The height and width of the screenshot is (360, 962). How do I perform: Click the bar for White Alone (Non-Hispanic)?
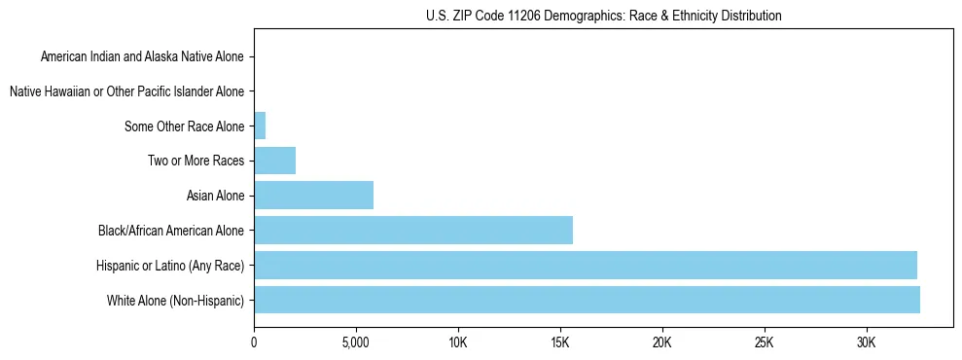[x=587, y=300]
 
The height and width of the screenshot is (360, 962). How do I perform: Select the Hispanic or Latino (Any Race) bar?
[x=585, y=265]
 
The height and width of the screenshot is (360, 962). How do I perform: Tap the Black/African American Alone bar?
[x=413, y=230]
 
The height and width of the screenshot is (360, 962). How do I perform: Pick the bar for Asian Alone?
[x=313, y=196]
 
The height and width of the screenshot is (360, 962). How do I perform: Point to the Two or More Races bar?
[x=274, y=161]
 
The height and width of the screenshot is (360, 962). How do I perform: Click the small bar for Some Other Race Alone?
[x=260, y=126]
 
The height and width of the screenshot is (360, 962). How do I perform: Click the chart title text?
[x=603, y=16]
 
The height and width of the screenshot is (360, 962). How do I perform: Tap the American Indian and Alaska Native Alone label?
[x=142, y=56]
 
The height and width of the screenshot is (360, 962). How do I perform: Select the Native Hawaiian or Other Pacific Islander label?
[x=126, y=91]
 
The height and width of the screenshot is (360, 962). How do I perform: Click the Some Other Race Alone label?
[x=185, y=126]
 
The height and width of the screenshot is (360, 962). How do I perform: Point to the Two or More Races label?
[x=196, y=161]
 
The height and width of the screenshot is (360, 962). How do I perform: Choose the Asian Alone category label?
[x=215, y=196]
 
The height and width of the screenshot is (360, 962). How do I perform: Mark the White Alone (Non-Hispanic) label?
[x=176, y=300]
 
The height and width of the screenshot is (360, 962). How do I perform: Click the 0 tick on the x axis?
[x=254, y=343]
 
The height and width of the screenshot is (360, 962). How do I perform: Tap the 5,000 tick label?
[x=356, y=343]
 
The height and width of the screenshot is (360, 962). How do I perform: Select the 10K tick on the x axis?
[x=458, y=343]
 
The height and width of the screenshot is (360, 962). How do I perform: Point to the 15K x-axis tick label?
[x=560, y=343]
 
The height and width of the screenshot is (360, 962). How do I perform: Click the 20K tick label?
[x=662, y=343]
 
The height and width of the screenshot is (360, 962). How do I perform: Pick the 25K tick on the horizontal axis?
[x=765, y=343]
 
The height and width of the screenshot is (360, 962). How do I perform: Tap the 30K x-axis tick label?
[x=867, y=343]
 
